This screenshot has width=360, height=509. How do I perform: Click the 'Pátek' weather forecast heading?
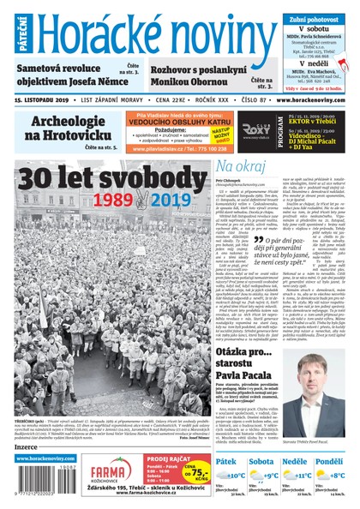point(227,462)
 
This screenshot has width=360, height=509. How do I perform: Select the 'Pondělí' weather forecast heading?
point(329,462)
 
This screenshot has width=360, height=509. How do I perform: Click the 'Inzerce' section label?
point(27,446)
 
